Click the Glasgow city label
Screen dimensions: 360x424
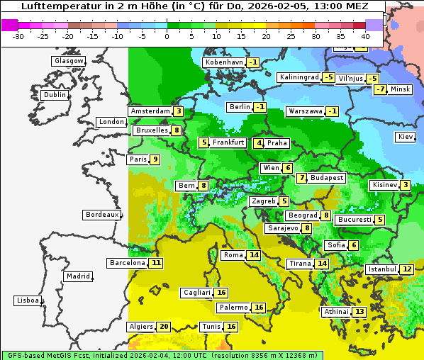68,61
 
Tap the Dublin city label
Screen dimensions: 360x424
55,95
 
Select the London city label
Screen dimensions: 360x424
111,122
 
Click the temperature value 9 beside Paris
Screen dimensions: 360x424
155,159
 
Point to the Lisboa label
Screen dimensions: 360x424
27,300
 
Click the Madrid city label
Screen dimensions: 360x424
78,276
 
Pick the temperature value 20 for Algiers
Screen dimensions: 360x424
164,327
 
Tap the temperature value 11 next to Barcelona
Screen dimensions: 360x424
156,263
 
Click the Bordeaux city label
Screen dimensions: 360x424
101,215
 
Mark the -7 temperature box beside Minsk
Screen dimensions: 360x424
381,89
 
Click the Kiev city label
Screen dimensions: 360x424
406,137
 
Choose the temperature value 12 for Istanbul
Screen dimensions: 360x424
406,269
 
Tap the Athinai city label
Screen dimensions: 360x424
335,312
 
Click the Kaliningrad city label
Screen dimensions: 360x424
298,77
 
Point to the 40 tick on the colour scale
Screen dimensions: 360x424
365,35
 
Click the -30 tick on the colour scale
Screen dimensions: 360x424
18,35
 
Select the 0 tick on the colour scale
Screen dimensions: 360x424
167,35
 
